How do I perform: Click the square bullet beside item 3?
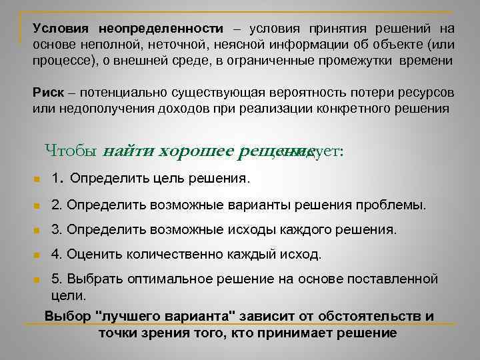tap(39, 231)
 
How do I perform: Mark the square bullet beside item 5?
tap(39, 279)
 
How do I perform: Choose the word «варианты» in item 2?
tap(234, 204)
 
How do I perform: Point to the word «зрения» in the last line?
tap(169, 332)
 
